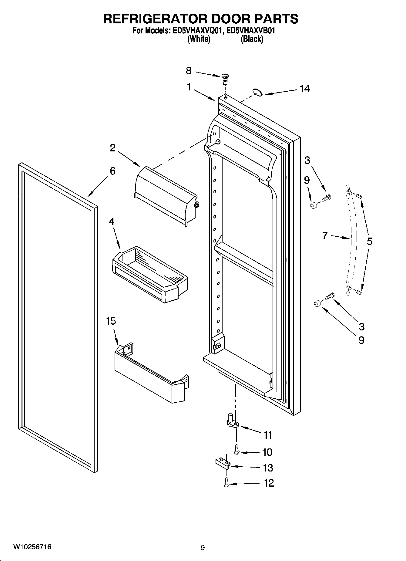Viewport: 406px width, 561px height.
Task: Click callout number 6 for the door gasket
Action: [x=112, y=171]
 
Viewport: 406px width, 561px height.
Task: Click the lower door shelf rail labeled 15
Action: [x=150, y=375]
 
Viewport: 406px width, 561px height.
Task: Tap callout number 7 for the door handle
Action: [x=325, y=235]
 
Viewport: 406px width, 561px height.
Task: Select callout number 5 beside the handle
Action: [x=369, y=242]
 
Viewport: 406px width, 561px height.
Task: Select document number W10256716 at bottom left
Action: [x=32, y=547]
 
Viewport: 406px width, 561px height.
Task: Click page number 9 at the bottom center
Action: [x=203, y=548]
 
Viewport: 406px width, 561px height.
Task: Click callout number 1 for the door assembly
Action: [x=189, y=87]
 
